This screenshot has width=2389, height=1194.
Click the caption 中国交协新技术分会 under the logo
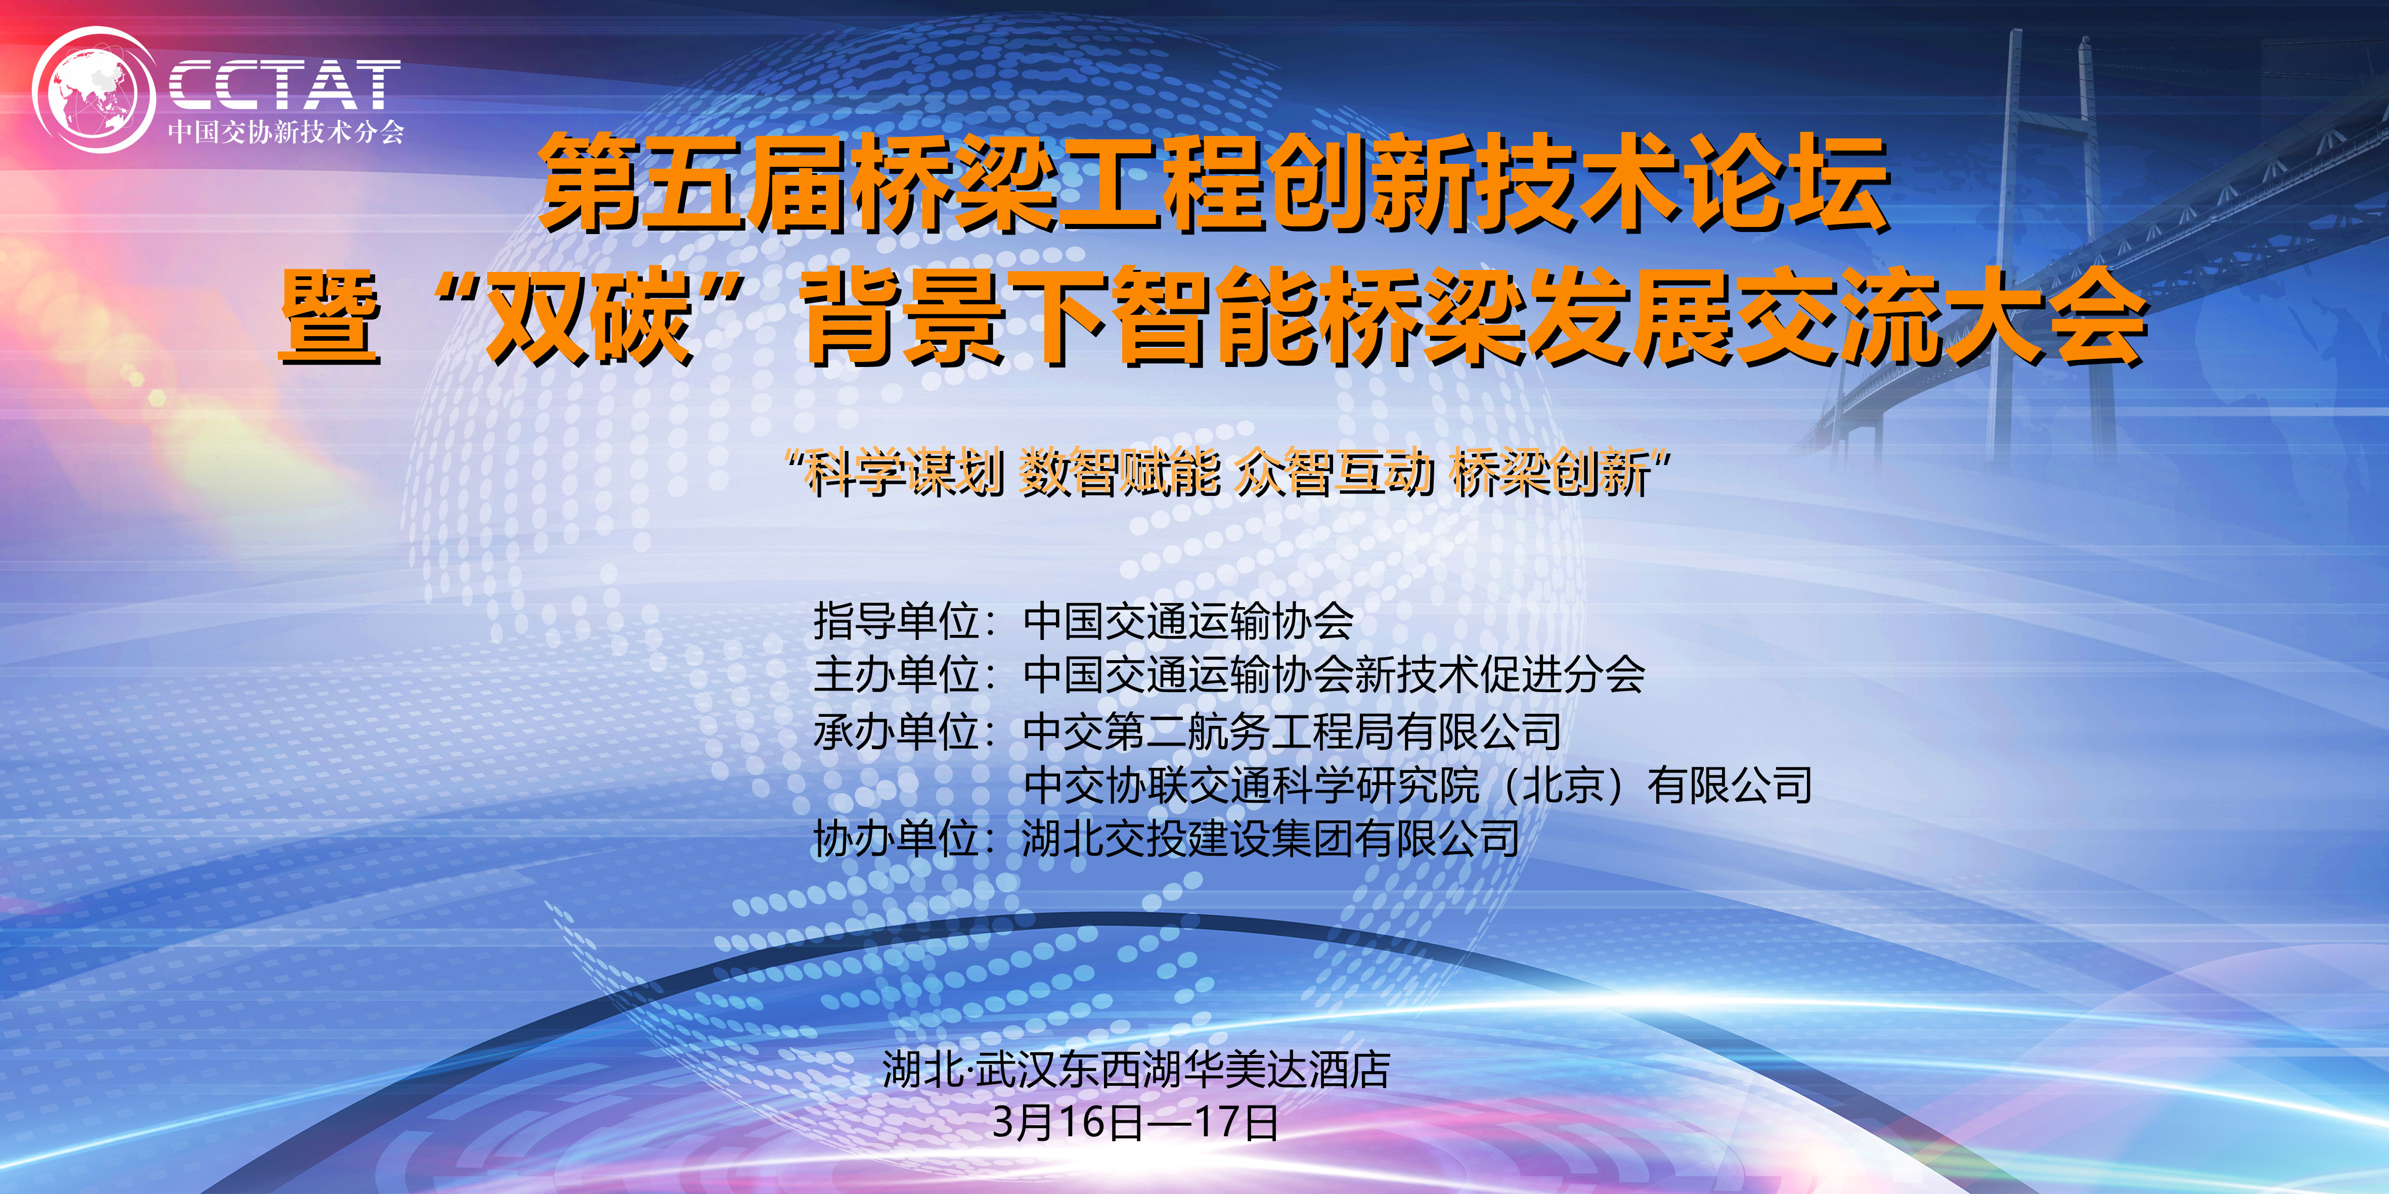286,132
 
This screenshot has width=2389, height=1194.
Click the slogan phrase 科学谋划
903,473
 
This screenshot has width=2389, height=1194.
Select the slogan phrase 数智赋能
1119,473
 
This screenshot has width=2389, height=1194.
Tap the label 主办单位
897,674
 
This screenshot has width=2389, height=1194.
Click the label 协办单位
897,839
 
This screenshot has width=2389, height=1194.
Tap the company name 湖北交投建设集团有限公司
1270,839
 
